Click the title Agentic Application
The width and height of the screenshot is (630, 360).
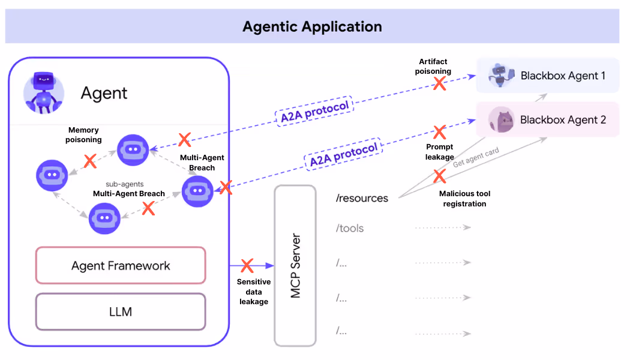tap(312, 26)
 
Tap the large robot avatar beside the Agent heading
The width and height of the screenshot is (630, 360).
tap(43, 92)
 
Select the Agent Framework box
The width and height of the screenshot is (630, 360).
tap(121, 265)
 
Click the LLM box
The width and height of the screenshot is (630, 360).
tap(121, 311)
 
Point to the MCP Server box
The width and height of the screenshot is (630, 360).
tap(295, 265)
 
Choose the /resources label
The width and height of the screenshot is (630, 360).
tap(362, 198)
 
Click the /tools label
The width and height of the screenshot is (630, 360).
tap(350, 228)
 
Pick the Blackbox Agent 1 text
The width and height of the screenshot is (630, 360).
tap(563, 76)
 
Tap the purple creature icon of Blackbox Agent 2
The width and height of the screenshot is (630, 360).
tap(501, 119)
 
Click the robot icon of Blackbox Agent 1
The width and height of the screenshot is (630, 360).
tap(502, 76)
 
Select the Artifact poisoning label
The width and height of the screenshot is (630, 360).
tap(433, 66)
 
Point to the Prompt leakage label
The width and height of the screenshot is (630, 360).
tap(439, 152)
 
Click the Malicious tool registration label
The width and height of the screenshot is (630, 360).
tap(464, 199)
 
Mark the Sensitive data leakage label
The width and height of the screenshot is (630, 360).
tap(254, 292)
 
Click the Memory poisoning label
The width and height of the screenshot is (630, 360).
tap(84, 134)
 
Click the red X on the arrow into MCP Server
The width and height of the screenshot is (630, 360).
tap(247, 265)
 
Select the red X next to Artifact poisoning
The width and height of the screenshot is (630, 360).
tap(440, 83)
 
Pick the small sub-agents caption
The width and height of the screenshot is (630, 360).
tap(124, 184)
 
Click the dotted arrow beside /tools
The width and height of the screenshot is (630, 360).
tap(442, 228)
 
